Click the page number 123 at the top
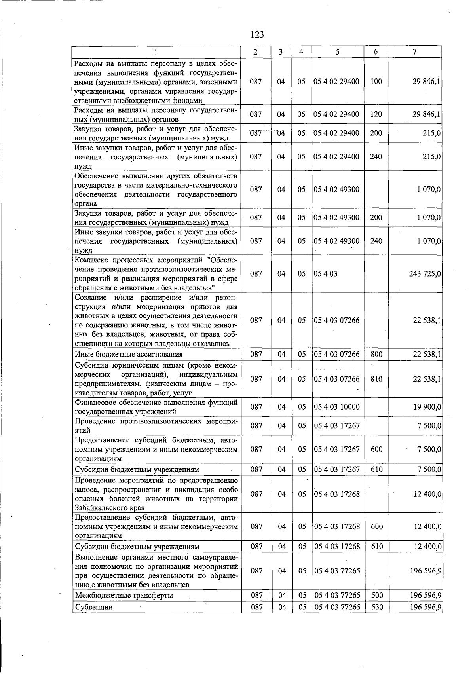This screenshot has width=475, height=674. pyautogui.click(x=257, y=35)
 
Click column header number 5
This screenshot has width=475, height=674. pyautogui.click(x=337, y=52)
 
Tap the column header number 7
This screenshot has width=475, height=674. pyautogui.click(x=414, y=52)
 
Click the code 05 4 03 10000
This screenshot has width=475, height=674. pyautogui.click(x=336, y=407)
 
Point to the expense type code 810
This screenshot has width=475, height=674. pyautogui.click(x=376, y=379)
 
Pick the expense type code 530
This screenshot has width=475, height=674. pyautogui.click(x=377, y=607)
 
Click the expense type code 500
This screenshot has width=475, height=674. pyautogui.click(x=377, y=595)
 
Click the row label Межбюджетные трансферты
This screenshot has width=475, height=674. pyautogui.click(x=124, y=595)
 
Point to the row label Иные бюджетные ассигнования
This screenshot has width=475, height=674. pyautogui.click(x=129, y=354)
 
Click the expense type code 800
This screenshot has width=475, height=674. pyautogui.click(x=376, y=354)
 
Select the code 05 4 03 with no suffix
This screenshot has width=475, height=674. pyautogui.click(x=325, y=274)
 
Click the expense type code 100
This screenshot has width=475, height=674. pyautogui.click(x=376, y=82)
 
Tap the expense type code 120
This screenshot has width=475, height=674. pyautogui.click(x=376, y=114)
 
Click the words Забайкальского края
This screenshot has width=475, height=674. pyautogui.click(x=110, y=508)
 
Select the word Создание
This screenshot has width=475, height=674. pyautogui.click(x=91, y=297)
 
